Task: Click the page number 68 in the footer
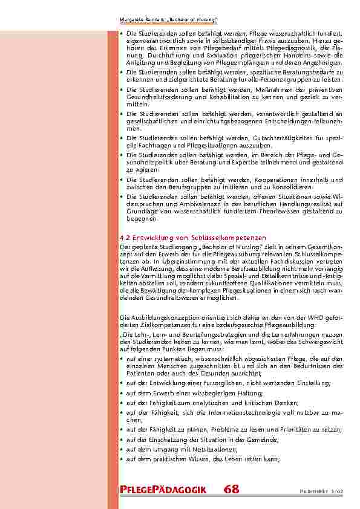pyautogui.click(x=231, y=490)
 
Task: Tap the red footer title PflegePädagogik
pyautogui.click(x=163, y=490)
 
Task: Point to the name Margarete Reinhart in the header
pyautogui.click(x=139, y=21)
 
